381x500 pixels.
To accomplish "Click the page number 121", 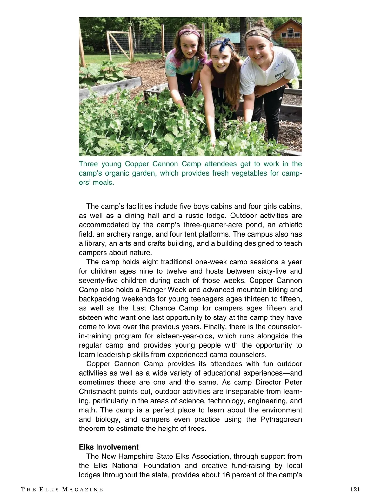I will coord(355,490).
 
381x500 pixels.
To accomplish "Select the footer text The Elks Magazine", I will coord(62,490).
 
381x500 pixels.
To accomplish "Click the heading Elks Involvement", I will coord(109,447).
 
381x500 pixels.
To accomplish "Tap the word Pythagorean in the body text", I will coord(281,419).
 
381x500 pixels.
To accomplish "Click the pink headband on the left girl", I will coord(189,32).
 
